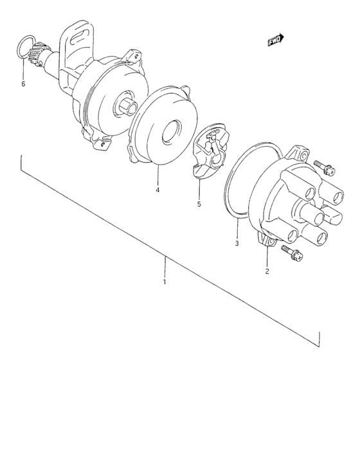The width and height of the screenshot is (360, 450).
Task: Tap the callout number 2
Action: pyautogui.click(x=267, y=271)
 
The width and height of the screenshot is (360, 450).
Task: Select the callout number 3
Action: pyautogui.click(x=237, y=244)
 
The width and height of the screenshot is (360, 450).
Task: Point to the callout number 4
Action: pyautogui.click(x=157, y=190)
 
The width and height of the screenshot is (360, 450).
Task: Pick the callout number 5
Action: pyautogui.click(x=199, y=204)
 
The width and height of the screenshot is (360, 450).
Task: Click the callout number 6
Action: pyautogui.click(x=23, y=84)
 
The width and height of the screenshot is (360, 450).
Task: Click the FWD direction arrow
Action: pyautogui.click(x=276, y=41)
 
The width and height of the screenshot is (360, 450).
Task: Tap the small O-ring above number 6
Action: pyautogui.click(x=23, y=46)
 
